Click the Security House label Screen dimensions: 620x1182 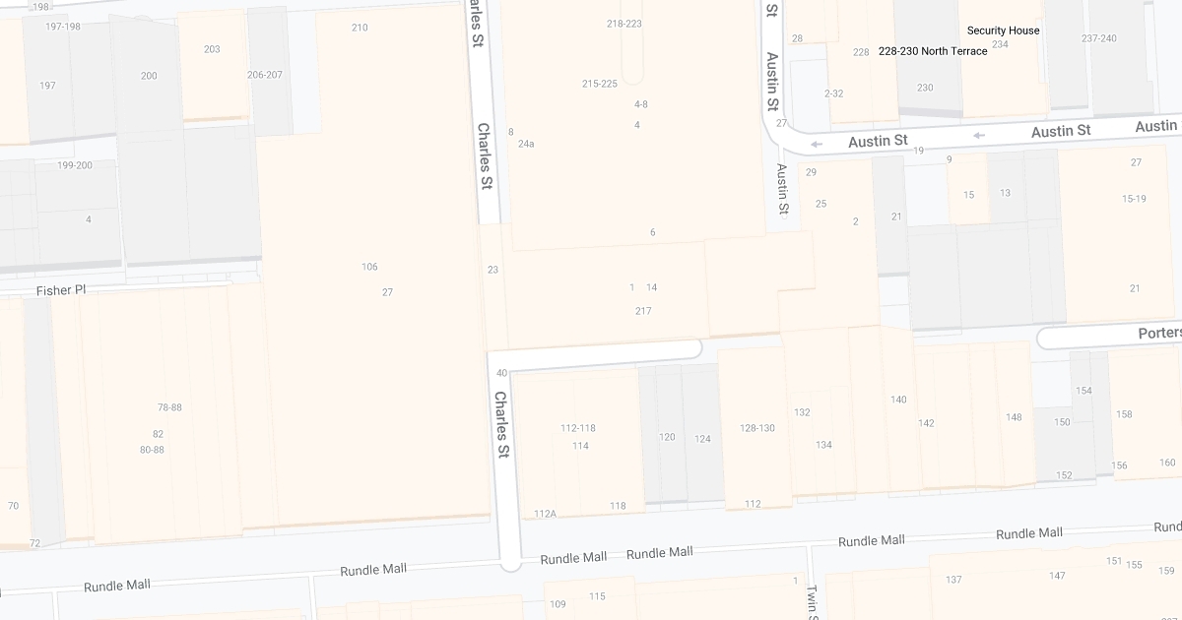coord(1003,31)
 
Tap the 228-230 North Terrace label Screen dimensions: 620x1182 coord(933,51)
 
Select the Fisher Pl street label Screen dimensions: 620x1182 coord(61,290)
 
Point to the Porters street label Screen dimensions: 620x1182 coord(1159,334)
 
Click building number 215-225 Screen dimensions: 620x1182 coord(600,84)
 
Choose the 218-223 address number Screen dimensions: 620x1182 coord(624,24)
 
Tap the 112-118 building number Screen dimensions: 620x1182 coord(578,428)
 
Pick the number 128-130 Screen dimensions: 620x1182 coord(757,428)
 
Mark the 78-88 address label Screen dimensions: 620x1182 coord(169,407)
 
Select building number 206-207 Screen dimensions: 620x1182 coord(265,75)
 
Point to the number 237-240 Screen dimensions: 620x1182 coord(1099,38)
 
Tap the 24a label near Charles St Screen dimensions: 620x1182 coord(526,144)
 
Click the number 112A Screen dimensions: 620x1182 coord(545,514)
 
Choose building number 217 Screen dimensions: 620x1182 coord(643,311)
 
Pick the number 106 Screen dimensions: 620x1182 coord(369,267)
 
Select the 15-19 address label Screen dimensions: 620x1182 coord(1134,199)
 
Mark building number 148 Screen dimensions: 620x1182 coord(1014,417)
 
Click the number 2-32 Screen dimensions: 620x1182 coord(833,93)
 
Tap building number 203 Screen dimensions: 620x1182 coord(212,49)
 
